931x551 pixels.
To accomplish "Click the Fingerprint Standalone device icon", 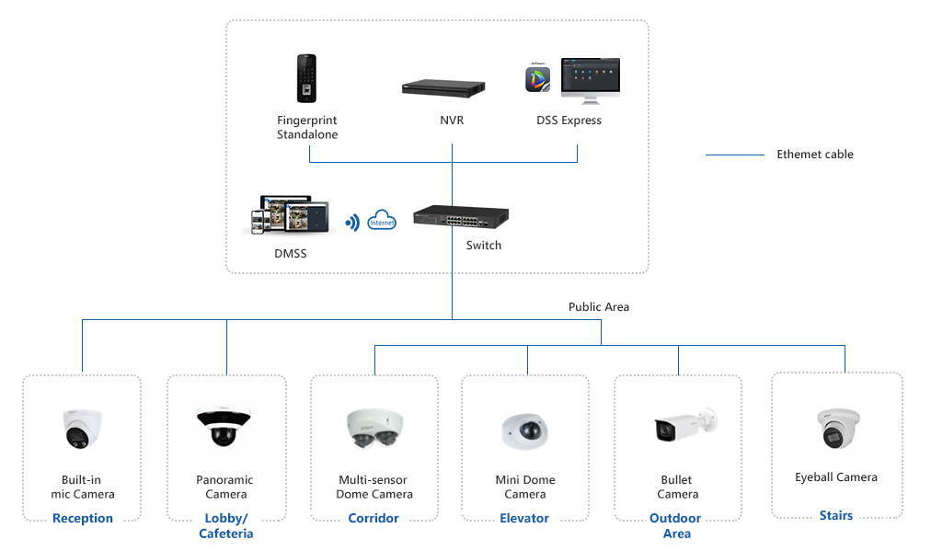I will coord(306,79).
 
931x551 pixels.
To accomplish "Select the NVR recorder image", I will coord(444,88).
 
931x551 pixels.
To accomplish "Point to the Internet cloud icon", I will coord(382,221).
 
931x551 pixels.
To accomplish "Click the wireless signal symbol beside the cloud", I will coord(351,222).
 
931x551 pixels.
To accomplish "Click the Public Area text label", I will coord(599,306).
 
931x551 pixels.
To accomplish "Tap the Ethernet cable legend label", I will coord(815,155).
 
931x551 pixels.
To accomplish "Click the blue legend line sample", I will coord(734,155).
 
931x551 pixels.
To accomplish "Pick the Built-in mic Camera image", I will coord(82,428).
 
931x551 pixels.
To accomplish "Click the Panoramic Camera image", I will coord(224,426).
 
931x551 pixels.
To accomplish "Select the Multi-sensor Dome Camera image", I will coord(374,428).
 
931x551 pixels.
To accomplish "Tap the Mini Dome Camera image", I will coord(525,430).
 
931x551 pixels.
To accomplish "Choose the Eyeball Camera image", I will coord(837,428).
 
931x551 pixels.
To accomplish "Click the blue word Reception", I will coord(83,518).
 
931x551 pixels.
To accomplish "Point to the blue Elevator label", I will coord(524,518).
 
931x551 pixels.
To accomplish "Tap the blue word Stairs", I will coord(836,515).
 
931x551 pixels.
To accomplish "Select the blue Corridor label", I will coord(374,518).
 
